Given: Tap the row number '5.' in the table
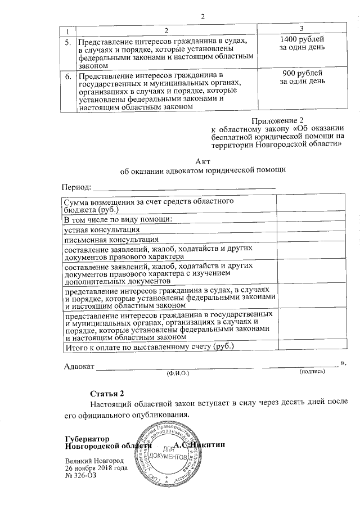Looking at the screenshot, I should coord(67,42).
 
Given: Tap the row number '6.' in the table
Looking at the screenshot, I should coord(67,75).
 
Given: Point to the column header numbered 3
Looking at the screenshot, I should coord(302,28).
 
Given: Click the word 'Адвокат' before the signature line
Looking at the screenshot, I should coord(78,367).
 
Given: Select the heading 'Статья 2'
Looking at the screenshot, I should coord(106,393).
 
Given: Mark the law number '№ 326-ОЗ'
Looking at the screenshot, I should coord(80,476).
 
